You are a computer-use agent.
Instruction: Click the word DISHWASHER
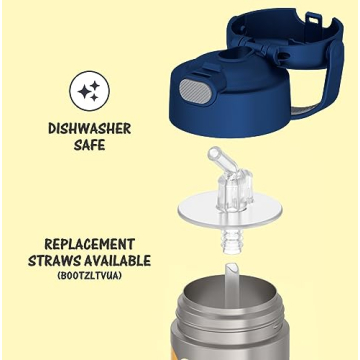point(90,129)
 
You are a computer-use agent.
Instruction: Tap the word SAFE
point(89,145)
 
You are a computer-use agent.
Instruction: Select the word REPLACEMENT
point(90,244)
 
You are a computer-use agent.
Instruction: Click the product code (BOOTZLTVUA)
point(89,276)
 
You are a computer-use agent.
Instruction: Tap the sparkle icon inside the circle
point(89,91)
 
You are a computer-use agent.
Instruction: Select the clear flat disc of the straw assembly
point(230,210)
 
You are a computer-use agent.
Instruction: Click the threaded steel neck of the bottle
point(230,312)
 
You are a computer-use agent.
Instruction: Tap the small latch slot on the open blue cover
point(313,19)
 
